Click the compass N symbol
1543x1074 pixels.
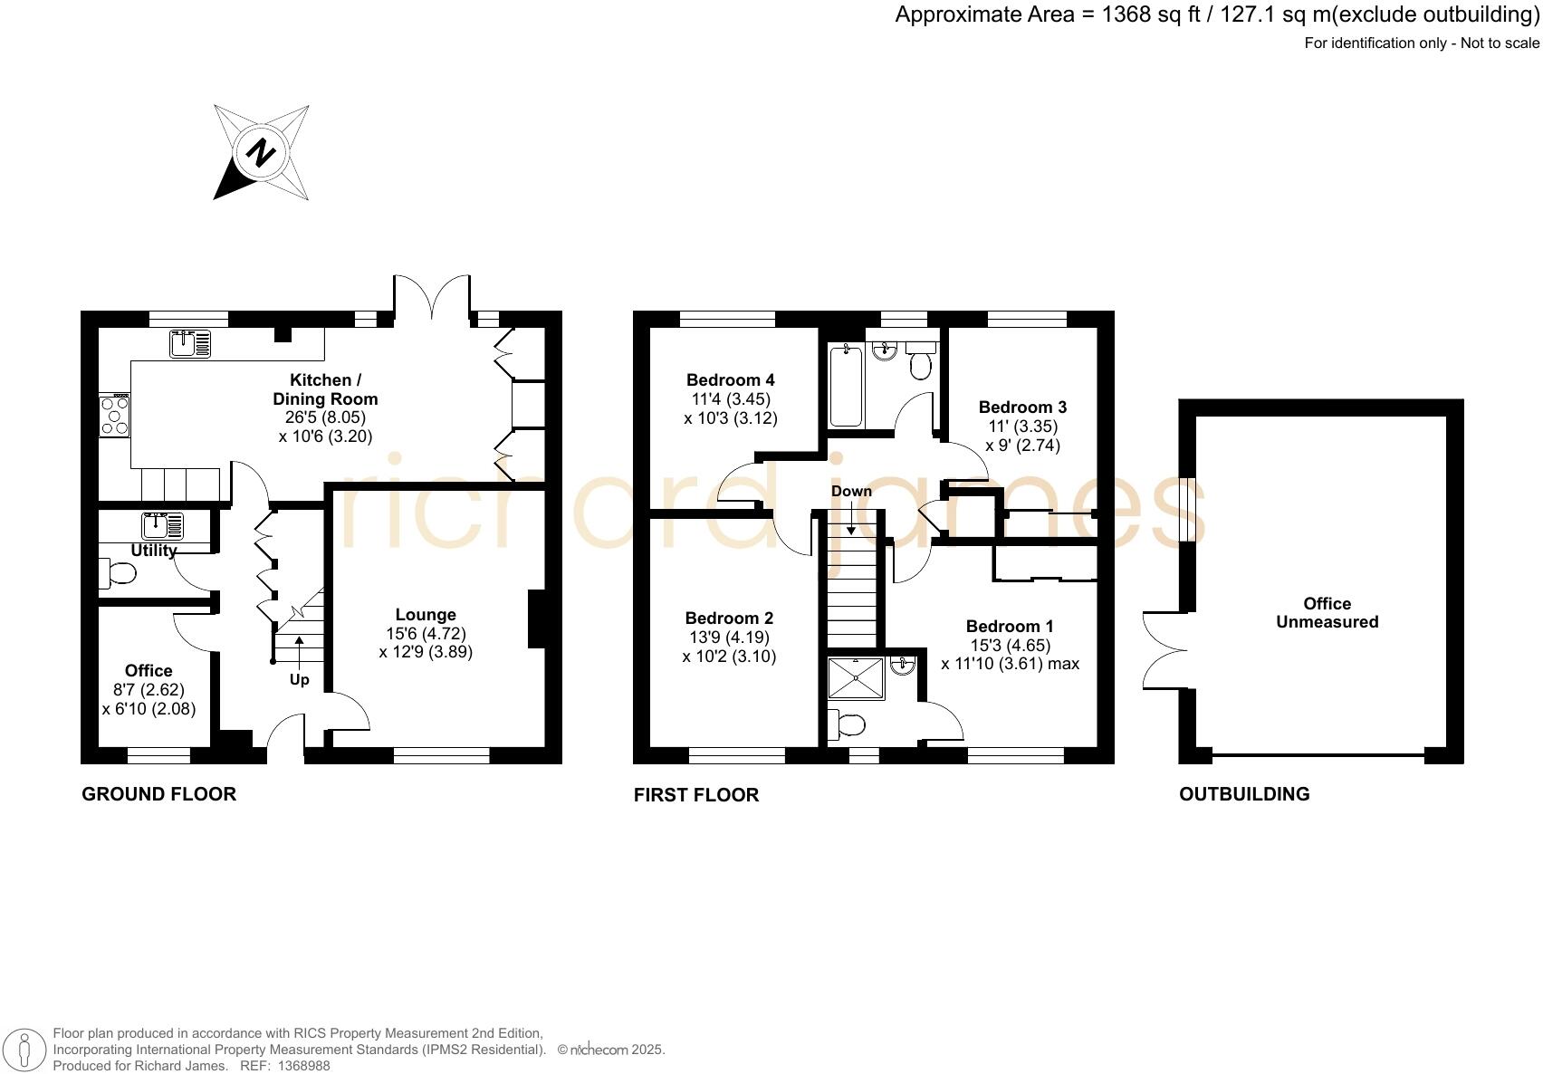pos(262,152)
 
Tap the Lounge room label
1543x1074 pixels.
pos(425,615)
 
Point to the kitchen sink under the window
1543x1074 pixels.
pos(189,344)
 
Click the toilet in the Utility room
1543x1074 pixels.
pos(118,573)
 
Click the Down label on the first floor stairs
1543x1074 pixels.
pos(851,492)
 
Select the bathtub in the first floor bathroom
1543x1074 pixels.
pos(846,385)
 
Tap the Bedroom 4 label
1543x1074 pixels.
pos(730,380)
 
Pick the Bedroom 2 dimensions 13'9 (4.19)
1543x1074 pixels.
pos(729,638)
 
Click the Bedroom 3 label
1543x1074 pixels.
pos(1022,408)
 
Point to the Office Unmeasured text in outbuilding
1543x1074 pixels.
pos(1327,613)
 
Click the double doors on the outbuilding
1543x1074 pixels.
pos(1164,649)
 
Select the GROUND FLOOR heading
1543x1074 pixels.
pos(158,794)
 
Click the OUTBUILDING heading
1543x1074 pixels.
pos(1243,794)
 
